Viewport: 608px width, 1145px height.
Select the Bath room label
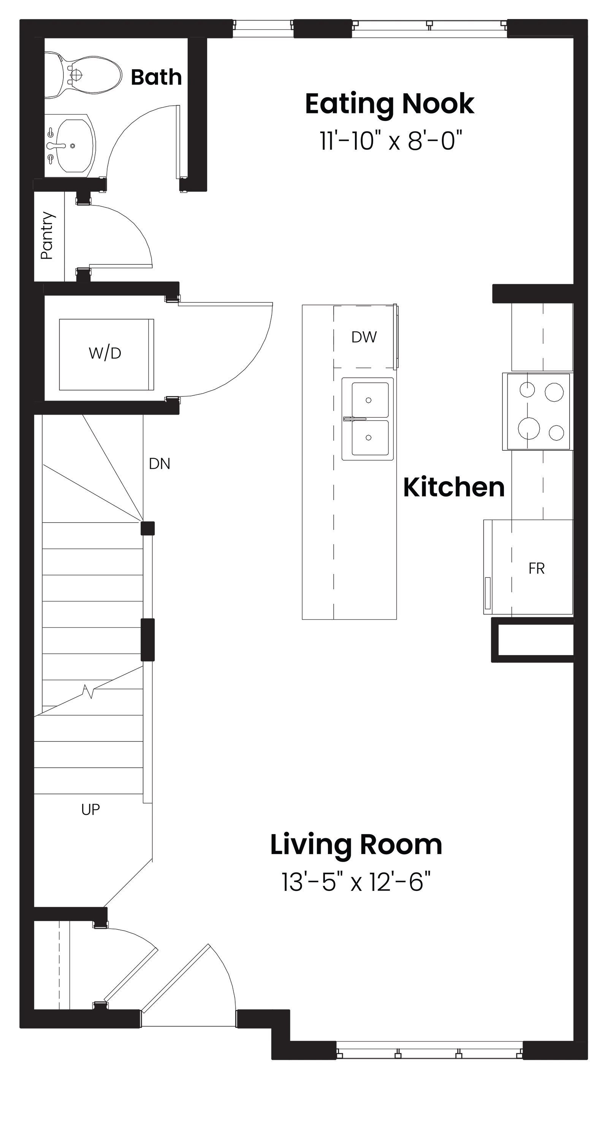pos(156,77)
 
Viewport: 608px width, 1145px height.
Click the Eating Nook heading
pos(389,104)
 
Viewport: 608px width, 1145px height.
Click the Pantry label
pos(47,235)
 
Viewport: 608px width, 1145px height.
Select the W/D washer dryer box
pos(106,354)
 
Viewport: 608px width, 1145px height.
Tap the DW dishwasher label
pos(364,337)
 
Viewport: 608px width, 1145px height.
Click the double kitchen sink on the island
pos(368,419)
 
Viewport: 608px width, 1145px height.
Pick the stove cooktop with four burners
pos(537,412)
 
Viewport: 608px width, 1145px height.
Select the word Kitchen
pos(454,487)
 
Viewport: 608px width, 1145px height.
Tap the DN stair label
pos(160,464)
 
